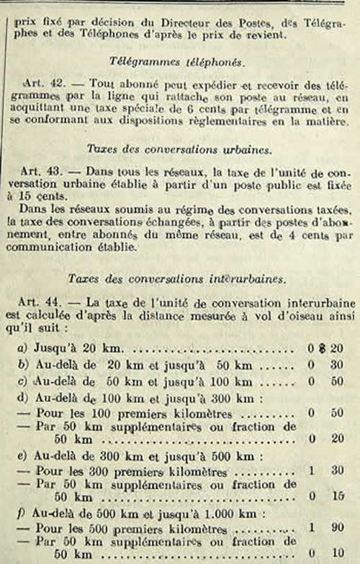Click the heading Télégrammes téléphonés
[181, 62]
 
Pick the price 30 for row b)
[336, 364]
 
